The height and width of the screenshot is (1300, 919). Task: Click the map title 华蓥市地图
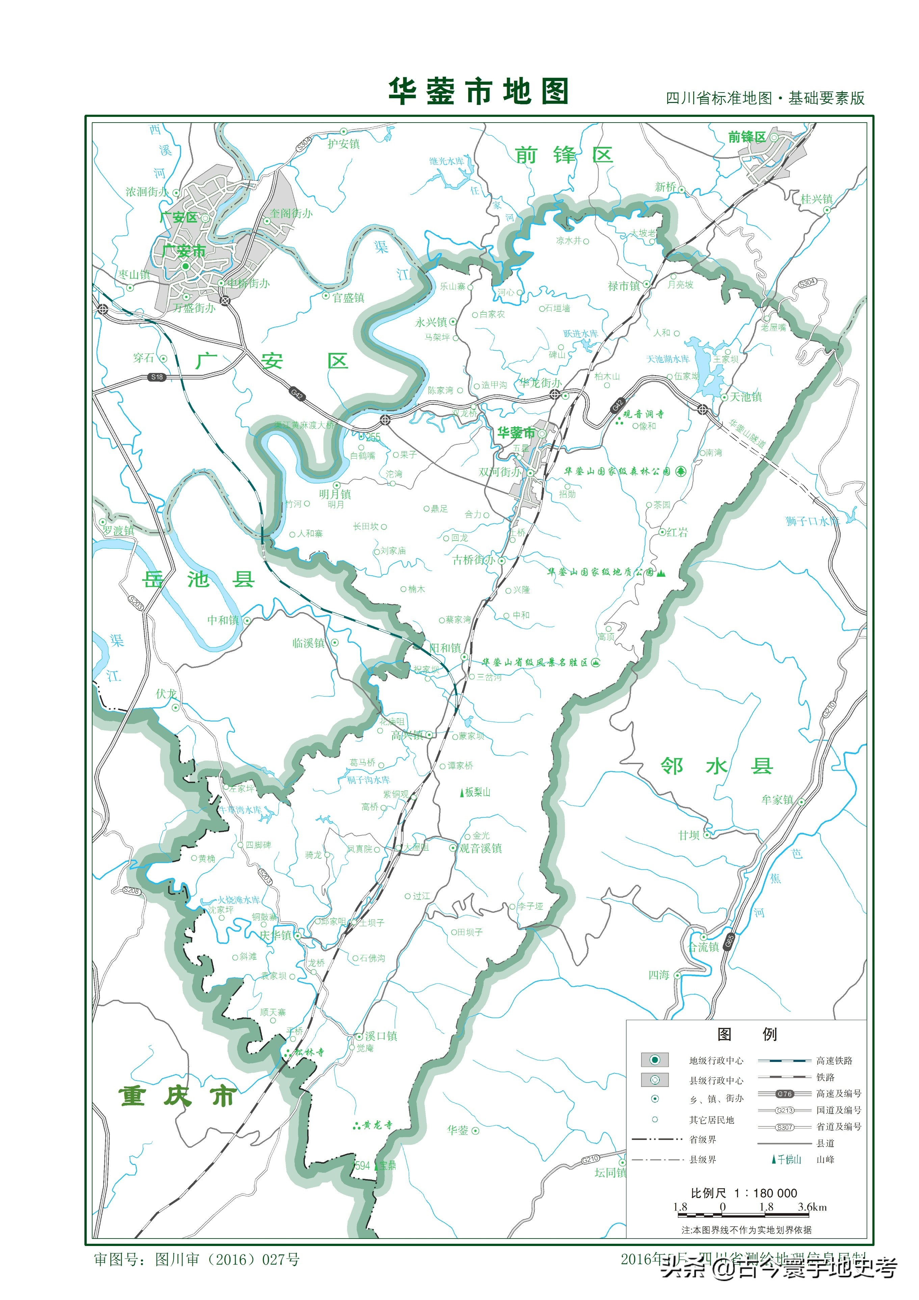click(x=478, y=92)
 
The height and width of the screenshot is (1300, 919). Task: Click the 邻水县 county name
click(x=716, y=766)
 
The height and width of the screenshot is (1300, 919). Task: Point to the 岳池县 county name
click(x=198, y=579)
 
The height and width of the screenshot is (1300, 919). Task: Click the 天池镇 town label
click(x=746, y=397)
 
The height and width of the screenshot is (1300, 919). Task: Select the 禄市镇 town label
click(x=624, y=286)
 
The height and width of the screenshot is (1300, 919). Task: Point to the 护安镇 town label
click(x=344, y=144)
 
